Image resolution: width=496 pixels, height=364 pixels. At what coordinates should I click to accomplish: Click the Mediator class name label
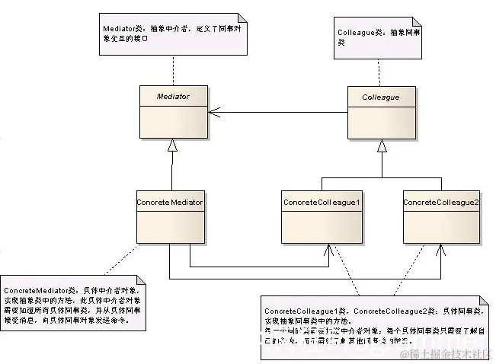(x=172, y=97)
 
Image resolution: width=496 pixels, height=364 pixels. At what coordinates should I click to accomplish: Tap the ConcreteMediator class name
(x=171, y=202)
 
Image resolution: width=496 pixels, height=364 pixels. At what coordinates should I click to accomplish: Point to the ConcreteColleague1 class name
(x=321, y=202)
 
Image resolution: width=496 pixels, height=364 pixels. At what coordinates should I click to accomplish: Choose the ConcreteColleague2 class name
(x=440, y=202)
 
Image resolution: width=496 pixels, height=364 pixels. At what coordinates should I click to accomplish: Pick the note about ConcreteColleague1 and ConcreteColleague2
(x=371, y=324)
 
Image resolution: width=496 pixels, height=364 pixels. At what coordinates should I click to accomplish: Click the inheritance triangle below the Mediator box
(x=172, y=145)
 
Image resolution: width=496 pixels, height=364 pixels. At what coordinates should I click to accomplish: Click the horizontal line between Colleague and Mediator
(x=282, y=113)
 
